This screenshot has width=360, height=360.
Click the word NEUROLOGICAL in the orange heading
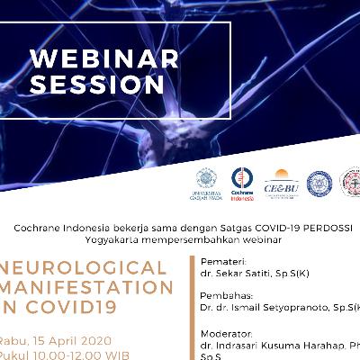pyautogui.click(x=86, y=268)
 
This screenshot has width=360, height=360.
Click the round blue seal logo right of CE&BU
pyautogui.click(x=319, y=184)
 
